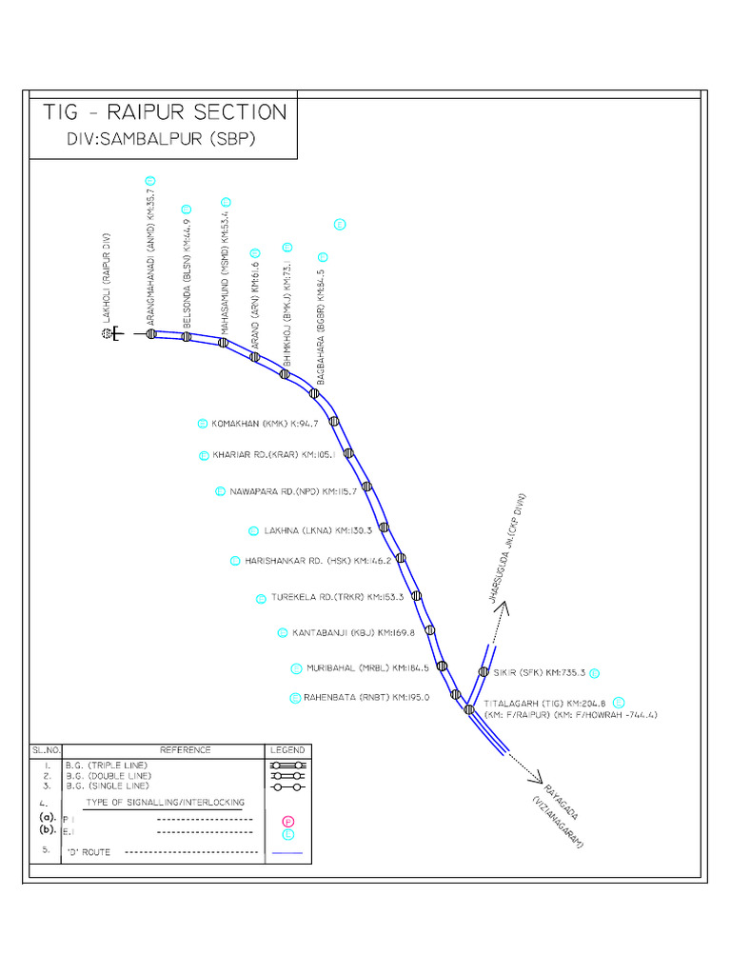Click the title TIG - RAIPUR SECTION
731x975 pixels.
[165, 111]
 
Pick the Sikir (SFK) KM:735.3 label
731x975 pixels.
[539, 672]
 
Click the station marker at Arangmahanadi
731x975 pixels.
[150, 334]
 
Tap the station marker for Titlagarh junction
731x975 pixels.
[469, 708]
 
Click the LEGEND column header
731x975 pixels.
[287, 750]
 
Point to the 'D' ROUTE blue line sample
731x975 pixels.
[287, 852]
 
